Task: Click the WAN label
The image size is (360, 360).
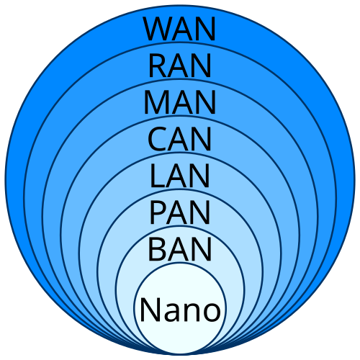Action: click(180, 29)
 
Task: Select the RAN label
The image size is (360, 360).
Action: click(180, 66)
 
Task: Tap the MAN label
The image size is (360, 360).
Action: click(180, 103)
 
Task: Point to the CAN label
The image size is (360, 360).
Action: click(180, 140)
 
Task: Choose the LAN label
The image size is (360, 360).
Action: click(180, 176)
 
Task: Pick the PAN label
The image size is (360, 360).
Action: click(180, 213)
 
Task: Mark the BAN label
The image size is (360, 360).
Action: click(180, 250)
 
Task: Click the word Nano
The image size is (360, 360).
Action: click(180, 310)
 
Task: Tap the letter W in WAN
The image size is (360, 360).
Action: click(157, 29)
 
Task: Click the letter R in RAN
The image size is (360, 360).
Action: click(158, 66)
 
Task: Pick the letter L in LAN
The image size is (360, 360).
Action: click(158, 176)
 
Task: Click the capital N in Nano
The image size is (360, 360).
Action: click(149, 310)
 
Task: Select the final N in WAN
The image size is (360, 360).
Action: click(204, 29)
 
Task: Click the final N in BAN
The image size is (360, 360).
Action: click(202, 250)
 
